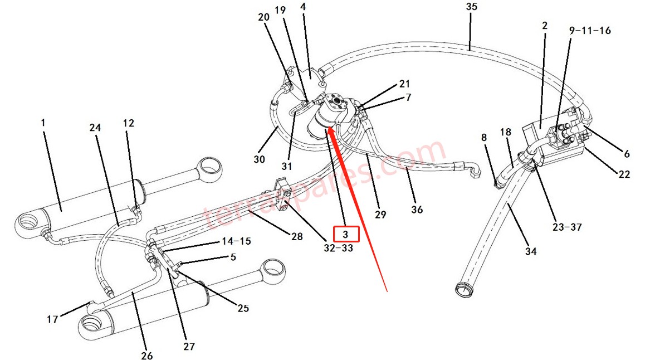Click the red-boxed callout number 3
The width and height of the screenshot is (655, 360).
coord(345,233)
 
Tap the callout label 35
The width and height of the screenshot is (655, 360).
coord(471,7)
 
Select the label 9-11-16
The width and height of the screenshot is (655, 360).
coord(590,31)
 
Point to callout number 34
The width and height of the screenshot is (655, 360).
coord(531,252)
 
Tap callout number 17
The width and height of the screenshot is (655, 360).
coord(52,319)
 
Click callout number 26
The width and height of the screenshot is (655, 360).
coord(146,355)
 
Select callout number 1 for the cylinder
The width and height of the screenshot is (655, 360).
coord(43,121)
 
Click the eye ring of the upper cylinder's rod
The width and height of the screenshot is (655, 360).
coord(211,167)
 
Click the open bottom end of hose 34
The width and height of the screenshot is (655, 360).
coord(461,288)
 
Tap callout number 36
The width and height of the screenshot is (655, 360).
coord(417,210)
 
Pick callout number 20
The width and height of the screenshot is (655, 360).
coord(263,17)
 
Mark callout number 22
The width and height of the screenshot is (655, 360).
coord(624,174)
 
